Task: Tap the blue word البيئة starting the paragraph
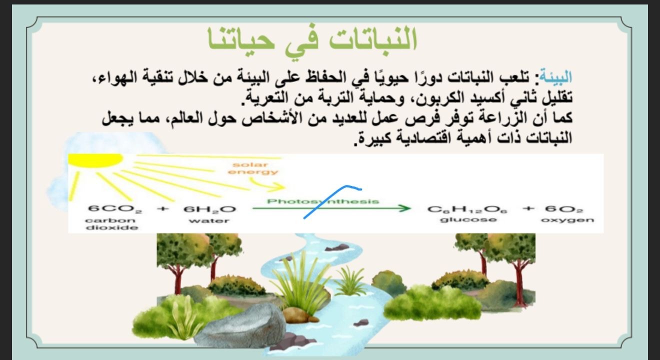pos(556,77)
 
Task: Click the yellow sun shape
pos(95,159)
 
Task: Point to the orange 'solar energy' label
pos(253,168)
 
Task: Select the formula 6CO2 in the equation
pos(115,209)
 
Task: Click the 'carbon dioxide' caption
pos(111,224)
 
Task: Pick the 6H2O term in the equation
pos(210,209)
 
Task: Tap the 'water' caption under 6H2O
pos(209,220)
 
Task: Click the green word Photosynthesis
pos(323,201)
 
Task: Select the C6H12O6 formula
pos(467,209)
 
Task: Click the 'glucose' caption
pos(468,220)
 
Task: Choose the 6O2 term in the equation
pos(564,209)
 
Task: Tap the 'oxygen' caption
pos(567,220)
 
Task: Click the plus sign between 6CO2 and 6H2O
pos(162,208)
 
